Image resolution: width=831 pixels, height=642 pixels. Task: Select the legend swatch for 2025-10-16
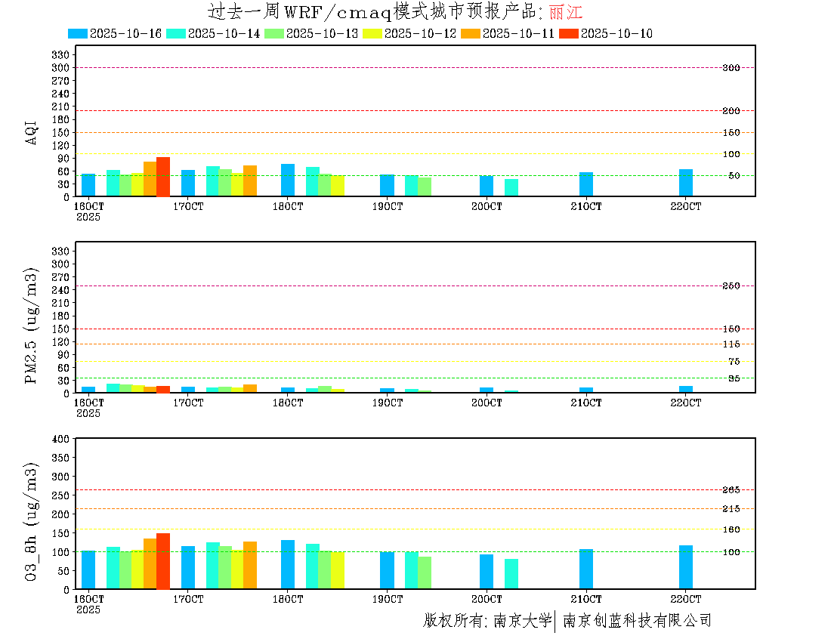click(77, 33)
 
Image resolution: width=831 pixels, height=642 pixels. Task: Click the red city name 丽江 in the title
click(566, 12)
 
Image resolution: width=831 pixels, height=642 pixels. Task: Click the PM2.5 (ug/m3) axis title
click(31, 326)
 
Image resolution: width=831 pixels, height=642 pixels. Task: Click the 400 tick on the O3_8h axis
click(60, 439)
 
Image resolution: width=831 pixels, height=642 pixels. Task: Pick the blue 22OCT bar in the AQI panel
click(686, 183)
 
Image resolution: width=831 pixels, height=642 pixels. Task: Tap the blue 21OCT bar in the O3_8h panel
click(586, 569)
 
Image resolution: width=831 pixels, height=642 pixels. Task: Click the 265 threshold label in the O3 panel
click(731, 490)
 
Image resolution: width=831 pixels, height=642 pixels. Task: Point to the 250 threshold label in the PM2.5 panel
click(731, 286)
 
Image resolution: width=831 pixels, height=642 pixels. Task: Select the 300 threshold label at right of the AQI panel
click(731, 68)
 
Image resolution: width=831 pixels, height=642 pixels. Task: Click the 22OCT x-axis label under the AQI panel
click(686, 206)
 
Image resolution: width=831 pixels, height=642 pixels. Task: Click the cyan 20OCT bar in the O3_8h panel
click(511, 574)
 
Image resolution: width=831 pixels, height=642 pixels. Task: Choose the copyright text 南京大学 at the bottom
click(522, 621)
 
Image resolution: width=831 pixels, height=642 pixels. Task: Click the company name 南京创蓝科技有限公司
click(637, 621)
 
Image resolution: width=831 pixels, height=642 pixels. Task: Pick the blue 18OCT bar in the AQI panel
click(288, 180)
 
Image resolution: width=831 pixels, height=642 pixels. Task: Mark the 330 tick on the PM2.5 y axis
click(60, 251)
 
